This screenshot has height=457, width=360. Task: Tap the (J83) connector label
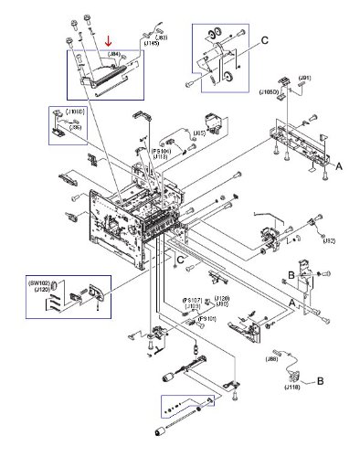tap(160, 37)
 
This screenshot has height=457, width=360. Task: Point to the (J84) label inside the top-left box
tap(114, 54)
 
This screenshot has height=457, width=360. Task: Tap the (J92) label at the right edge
tap(327, 240)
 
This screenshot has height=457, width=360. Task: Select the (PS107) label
tap(193, 300)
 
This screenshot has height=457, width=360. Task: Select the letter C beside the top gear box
tap(265, 39)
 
